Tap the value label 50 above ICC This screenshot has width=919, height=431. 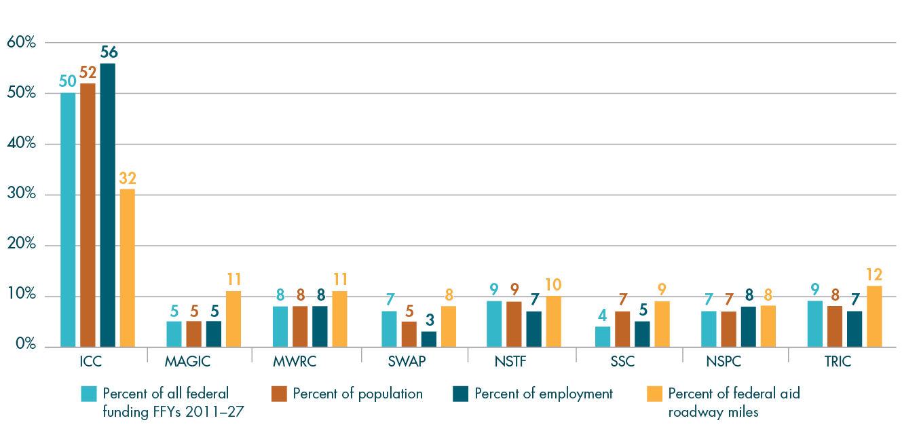(67, 81)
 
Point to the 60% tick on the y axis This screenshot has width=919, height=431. (21, 43)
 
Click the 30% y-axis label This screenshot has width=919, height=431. (21, 195)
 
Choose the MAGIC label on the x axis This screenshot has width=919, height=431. (187, 361)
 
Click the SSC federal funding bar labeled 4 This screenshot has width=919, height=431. (602, 337)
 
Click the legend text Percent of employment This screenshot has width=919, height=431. (544, 394)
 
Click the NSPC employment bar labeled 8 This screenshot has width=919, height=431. (748, 326)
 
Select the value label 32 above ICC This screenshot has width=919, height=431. (127, 179)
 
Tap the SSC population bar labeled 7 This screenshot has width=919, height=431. (622, 329)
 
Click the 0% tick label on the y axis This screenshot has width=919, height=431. (24, 346)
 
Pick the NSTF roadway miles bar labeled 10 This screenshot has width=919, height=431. (552, 321)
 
